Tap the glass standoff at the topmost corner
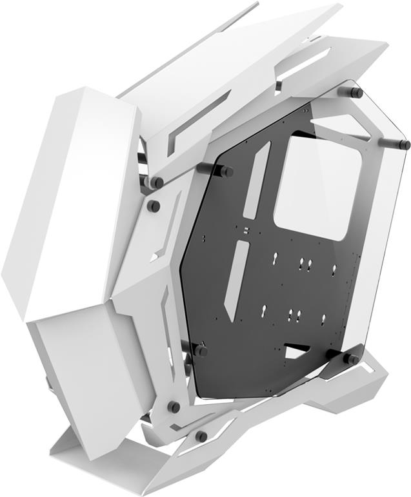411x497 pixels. [x=354, y=92]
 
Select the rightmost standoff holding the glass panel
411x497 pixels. [x=403, y=144]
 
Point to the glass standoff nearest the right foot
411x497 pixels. [x=352, y=358]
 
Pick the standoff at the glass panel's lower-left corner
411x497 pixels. [x=200, y=351]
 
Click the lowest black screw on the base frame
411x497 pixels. [x=201, y=436]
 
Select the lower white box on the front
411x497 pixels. [x=81, y=367]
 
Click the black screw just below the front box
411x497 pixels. [x=173, y=407]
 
